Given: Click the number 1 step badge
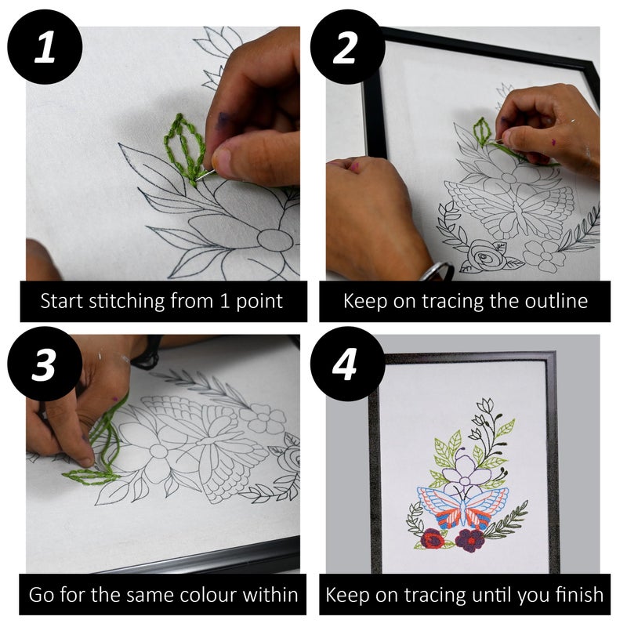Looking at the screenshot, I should pos(45,46).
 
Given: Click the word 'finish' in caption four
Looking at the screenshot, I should pos(578,594).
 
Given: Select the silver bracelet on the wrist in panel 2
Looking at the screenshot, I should pos(437,270).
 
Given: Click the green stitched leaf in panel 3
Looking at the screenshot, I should pos(90,474).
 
